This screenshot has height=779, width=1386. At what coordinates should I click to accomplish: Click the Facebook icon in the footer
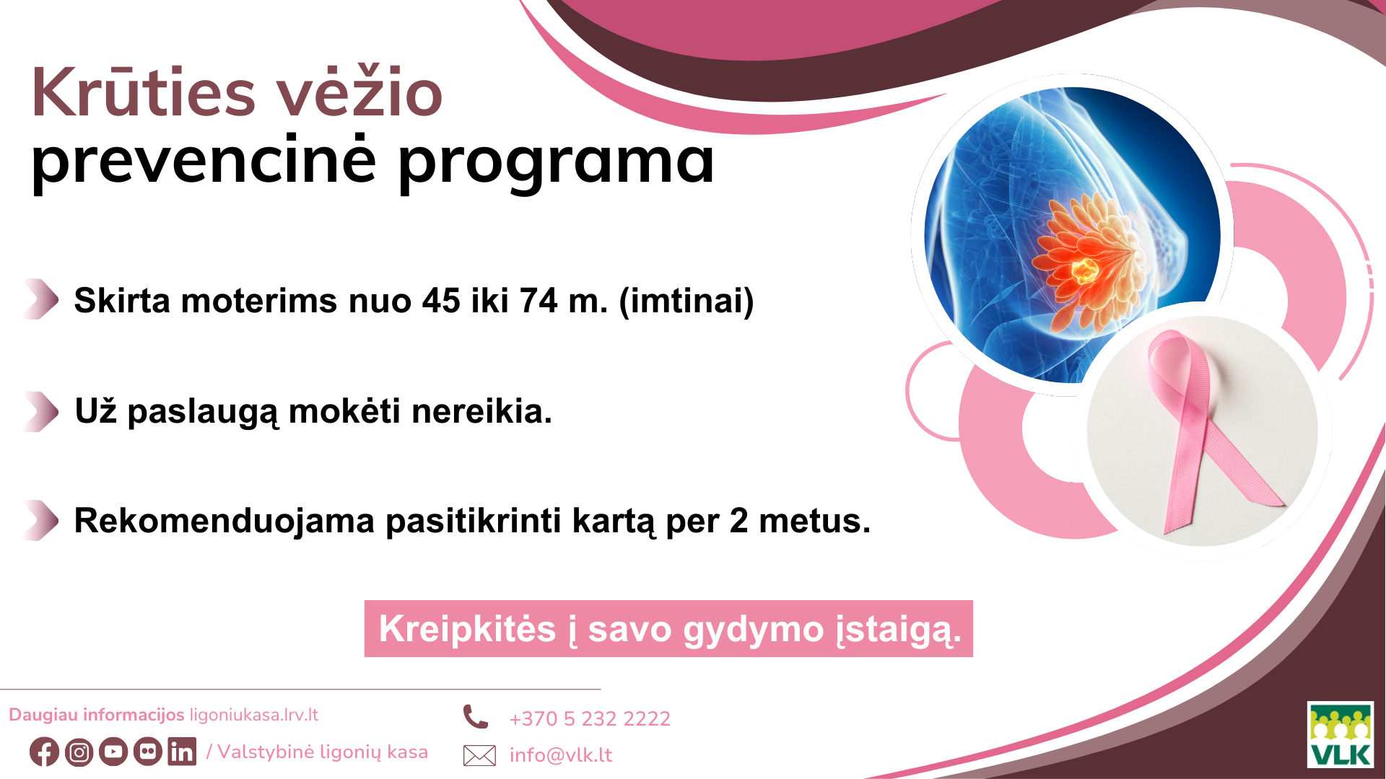[44, 752]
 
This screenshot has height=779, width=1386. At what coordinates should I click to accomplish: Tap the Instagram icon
[79, 752]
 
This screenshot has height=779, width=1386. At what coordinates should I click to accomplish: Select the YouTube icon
[113, 752]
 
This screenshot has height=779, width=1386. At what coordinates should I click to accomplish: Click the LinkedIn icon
[182, 751]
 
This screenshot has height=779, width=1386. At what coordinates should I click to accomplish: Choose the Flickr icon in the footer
[148, 752]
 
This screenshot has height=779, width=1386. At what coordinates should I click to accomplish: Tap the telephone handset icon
[476, 717]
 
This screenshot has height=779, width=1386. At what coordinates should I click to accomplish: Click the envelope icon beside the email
[479, 755]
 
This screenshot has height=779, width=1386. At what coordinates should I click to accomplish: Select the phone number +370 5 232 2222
[590, 718]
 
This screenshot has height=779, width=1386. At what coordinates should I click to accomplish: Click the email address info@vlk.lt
[561, 754]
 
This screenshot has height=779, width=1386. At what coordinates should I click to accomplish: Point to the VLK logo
[1341, 734]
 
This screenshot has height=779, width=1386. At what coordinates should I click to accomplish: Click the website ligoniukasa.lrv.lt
[253, 715]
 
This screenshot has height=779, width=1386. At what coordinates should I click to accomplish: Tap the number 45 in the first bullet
[441, 301]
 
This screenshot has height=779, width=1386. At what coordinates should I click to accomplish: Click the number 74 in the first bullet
[538, 301]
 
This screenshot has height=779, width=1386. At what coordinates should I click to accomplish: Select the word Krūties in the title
[144, 93]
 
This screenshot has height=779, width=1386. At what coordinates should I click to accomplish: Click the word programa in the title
[556, 162]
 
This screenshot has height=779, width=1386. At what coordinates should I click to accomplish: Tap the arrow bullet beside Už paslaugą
[41, 411]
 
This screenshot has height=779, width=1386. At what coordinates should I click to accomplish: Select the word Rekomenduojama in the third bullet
[225, 521]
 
